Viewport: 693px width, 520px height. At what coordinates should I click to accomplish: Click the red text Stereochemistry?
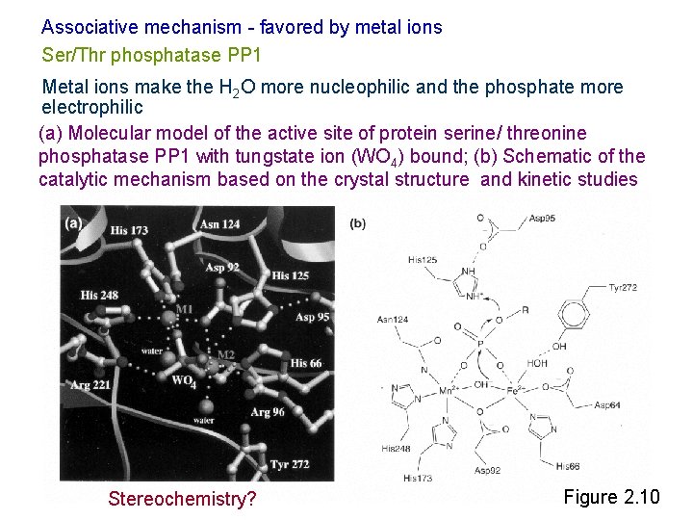182,499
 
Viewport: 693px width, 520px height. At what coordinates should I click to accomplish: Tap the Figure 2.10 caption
611,497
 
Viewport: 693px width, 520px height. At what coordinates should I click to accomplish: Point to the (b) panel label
357,223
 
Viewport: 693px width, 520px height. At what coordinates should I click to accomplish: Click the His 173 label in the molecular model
129,230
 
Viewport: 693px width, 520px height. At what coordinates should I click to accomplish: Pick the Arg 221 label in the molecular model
91,384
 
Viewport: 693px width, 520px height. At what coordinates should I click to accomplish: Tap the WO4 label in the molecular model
184,382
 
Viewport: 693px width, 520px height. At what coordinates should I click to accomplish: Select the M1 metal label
184,309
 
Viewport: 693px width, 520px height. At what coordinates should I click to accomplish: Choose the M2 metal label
225,355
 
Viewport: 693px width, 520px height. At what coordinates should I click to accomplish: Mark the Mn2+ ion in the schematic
447,392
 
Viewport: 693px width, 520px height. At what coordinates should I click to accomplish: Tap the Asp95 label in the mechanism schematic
542,219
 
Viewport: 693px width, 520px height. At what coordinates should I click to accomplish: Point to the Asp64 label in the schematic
608,404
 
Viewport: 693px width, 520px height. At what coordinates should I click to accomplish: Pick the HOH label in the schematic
536,363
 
